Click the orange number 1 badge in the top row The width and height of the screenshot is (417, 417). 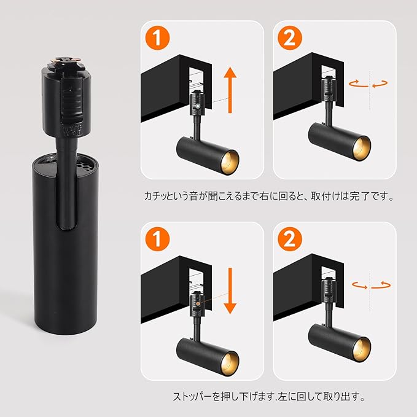point(157,37)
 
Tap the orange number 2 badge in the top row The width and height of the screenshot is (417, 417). point(290,37)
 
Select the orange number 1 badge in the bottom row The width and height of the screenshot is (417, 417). point(157,239)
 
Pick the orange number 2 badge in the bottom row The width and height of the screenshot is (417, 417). point(290,239)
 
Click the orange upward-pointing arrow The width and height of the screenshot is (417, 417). point(230,90)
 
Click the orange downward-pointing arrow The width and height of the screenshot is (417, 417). point(230,290)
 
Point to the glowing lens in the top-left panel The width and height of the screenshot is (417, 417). point(230,162)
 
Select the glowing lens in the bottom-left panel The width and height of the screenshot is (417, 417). point(230,364)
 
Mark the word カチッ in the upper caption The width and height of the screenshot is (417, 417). point(155,197)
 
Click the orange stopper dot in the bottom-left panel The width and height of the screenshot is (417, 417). point(198,303)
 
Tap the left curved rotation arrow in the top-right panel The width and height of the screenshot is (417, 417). point(358,84)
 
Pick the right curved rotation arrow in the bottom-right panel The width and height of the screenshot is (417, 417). point(381,285)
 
